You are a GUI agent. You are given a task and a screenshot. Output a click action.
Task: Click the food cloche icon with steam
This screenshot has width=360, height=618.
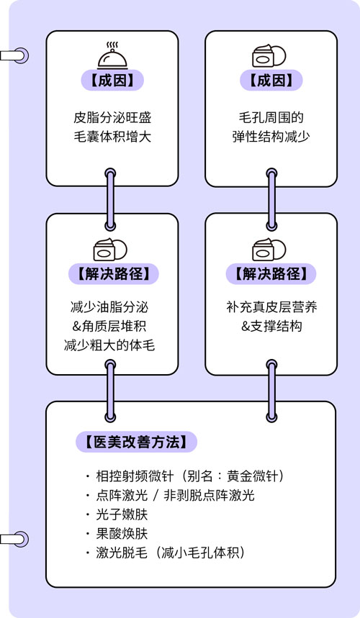(112, 55)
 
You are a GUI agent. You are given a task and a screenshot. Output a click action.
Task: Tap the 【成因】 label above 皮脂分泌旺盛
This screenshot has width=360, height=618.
(112, 80)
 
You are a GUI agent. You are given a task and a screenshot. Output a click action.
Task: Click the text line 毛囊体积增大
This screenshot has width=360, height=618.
(112, 137)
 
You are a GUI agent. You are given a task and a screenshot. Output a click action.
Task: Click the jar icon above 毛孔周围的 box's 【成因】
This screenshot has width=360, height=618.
(269, 55)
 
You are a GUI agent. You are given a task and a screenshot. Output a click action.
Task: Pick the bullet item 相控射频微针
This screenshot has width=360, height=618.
(190, 476)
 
